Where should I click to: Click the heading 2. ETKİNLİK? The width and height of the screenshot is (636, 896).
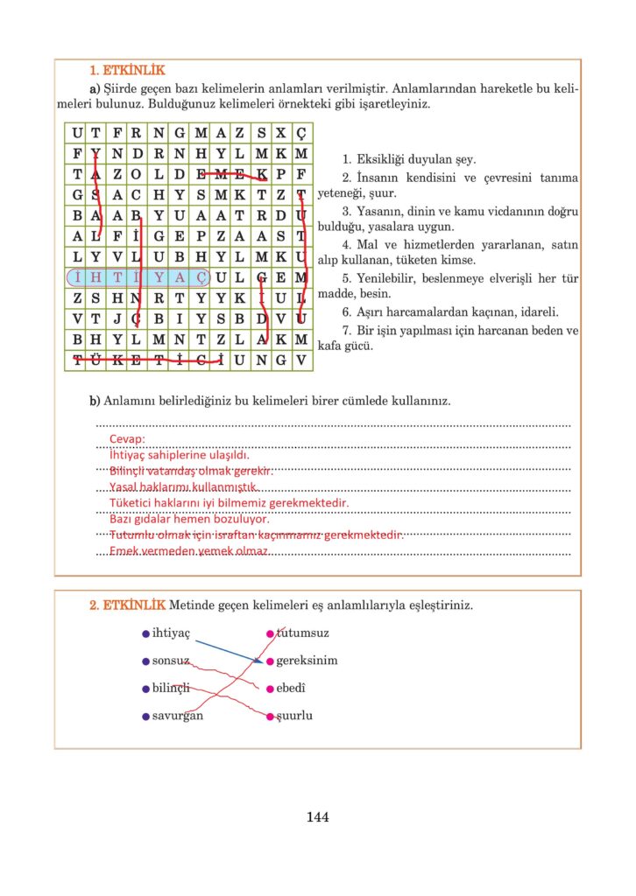tap(127, 605)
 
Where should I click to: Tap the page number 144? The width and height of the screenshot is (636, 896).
tap(318, 817)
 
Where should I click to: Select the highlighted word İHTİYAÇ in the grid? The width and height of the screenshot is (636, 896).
tap(138, 277)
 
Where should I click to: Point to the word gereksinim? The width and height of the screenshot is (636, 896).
tap(307, 661)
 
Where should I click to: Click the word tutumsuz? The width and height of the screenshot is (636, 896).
tap(303, 633)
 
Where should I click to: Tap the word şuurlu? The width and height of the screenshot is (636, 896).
tap(295, 716)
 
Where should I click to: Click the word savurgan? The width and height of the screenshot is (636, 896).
tap(178, 716)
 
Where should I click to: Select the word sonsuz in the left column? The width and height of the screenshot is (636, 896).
tap(171, 661)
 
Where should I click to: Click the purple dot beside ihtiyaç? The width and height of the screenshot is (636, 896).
tap(145, 633)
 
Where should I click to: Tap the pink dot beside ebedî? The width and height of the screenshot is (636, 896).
tap(270, 689)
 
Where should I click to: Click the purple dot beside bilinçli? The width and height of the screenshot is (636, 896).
tap(145, 689)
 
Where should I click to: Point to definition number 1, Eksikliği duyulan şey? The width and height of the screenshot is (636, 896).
tap(410, 159)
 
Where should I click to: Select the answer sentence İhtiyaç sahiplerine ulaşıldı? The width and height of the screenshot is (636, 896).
tap(180, 455)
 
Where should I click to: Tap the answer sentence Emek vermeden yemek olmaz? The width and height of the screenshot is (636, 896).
tap(188, 551)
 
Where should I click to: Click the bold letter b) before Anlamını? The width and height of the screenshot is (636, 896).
tap(95, 401)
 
